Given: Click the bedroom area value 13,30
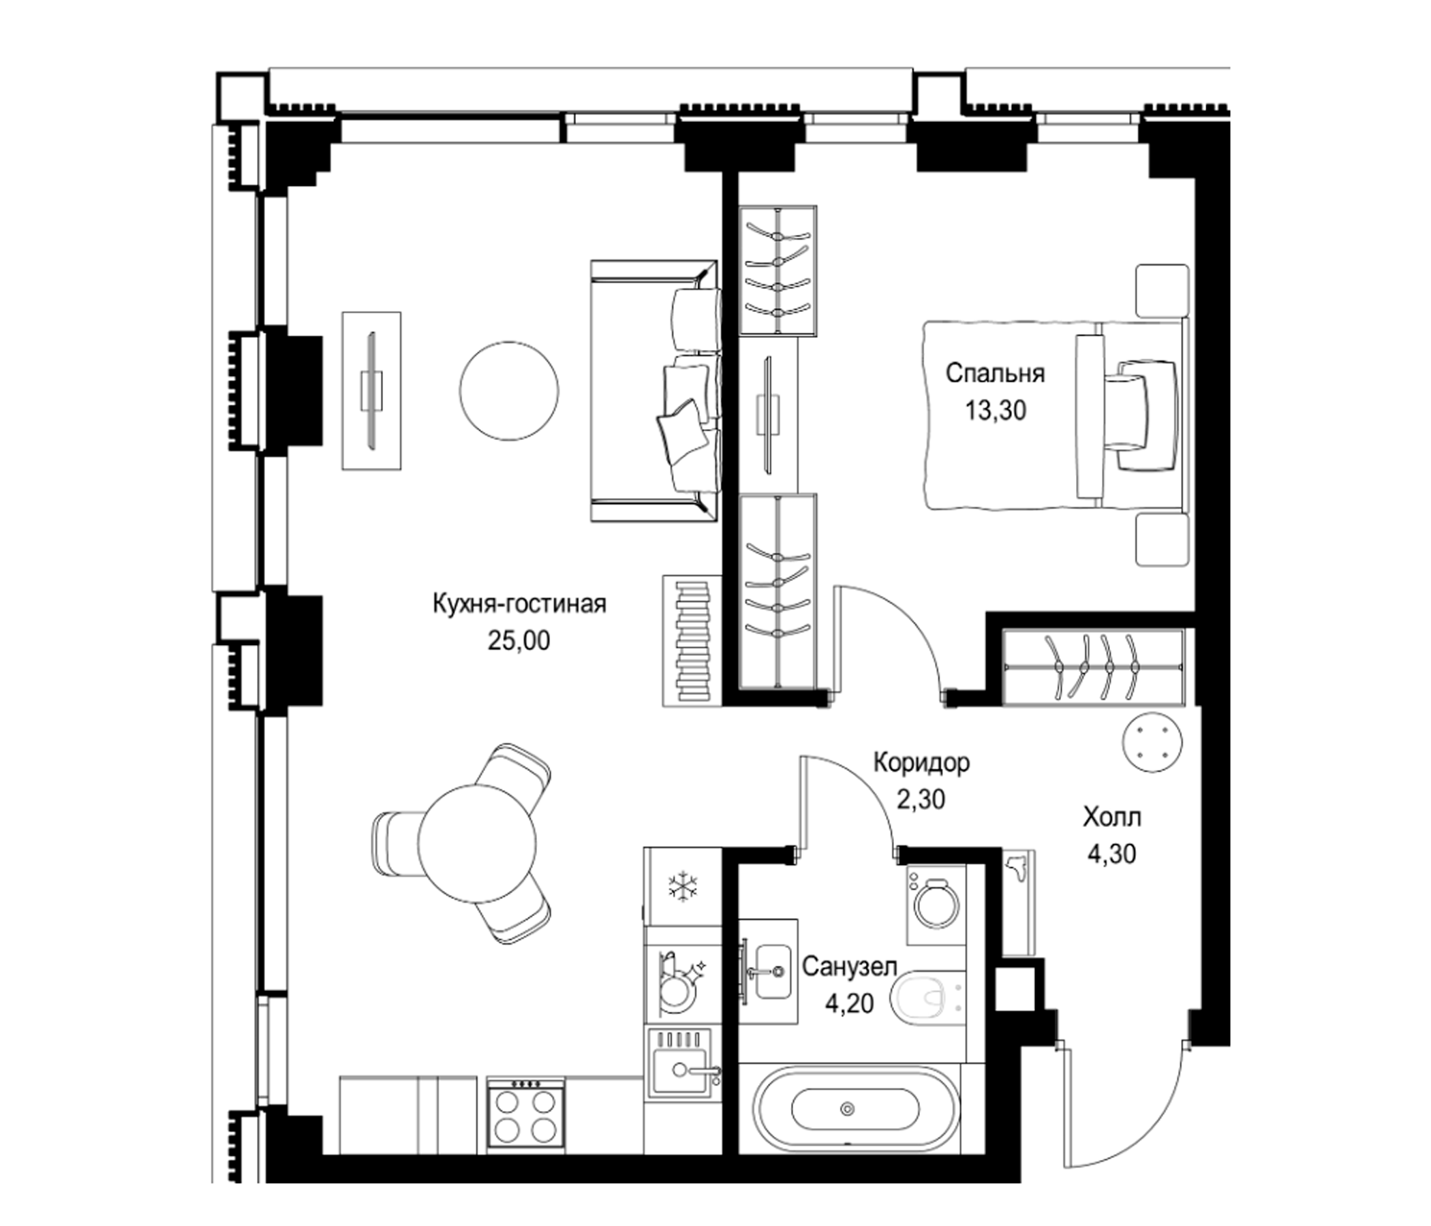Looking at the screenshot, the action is click(995, 411).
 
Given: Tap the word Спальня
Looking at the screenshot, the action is click(995, 373).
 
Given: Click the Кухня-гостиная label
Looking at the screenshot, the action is click(519, 604).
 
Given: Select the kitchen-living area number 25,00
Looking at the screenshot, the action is click(519, 642).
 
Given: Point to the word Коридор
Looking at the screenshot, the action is click(921, 763).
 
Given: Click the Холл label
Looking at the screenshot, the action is click(1112, 818).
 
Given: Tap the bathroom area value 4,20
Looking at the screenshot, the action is click(850, 1004).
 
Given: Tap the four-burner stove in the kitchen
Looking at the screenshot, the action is click(526, 1116).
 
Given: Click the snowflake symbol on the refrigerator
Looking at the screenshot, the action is click(681, 886).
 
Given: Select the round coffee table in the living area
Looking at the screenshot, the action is click(509, 392).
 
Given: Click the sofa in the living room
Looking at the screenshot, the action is click(656, 392).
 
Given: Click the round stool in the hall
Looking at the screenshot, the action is click(1152, 742).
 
